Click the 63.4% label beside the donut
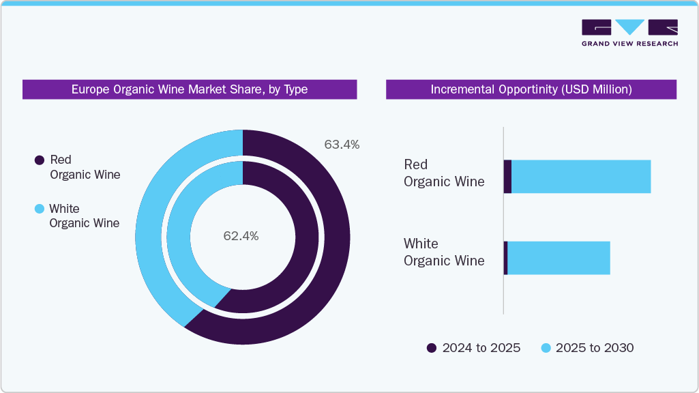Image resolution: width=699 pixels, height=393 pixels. [x=342, y=145]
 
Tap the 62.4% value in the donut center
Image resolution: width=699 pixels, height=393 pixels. [x=241, y=236]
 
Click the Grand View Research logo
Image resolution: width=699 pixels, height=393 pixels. [x=629, y=33]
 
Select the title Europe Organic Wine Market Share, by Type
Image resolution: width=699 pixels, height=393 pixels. [x=190, y=89]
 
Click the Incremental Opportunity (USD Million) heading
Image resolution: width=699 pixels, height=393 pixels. [x=531, y=89]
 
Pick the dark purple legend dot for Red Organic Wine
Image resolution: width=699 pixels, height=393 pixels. [x=40, y=160]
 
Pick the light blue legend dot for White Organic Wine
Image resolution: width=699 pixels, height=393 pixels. [x=40, y=209]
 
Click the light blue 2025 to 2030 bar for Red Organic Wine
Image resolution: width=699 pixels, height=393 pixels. [x=580, y=177]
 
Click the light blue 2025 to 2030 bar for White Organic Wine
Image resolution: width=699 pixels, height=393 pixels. [x=559, y=258]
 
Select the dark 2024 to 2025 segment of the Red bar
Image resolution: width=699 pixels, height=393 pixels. [x=507, y=177]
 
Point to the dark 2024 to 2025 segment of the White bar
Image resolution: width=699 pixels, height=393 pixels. [x=505, y=258]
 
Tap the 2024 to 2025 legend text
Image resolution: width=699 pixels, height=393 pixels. [x=481, y=348]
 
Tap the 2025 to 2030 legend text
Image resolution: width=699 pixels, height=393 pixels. [x=594, y=348]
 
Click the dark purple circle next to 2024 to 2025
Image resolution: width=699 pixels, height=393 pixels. [x=432, y=348]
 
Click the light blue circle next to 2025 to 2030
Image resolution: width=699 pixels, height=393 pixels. [x=546, y=348]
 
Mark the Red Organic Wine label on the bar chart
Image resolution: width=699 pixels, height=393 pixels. [x=444, y=173]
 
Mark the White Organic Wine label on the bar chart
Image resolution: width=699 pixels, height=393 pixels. [x=444, y=252]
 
